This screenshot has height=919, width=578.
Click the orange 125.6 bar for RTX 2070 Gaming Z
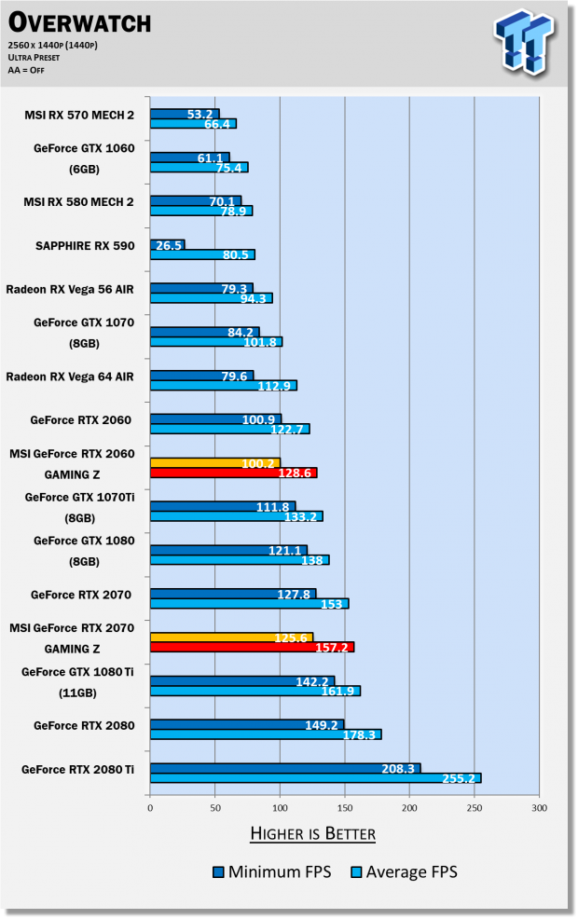tap(231, 637)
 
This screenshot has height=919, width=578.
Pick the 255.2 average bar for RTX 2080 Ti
tap(315, 778)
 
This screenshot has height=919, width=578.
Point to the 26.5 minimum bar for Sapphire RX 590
tap(167, 245)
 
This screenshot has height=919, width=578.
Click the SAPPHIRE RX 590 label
tap(84, 246)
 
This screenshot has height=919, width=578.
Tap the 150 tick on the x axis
tap(345, 807)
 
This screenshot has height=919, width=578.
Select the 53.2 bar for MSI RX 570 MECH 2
tap(185, 114)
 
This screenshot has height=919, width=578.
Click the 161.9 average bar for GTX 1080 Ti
tap(255, 692)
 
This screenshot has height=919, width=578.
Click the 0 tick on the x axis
tap(150, 807)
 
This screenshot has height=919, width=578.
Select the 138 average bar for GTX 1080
tap(240, 560)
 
